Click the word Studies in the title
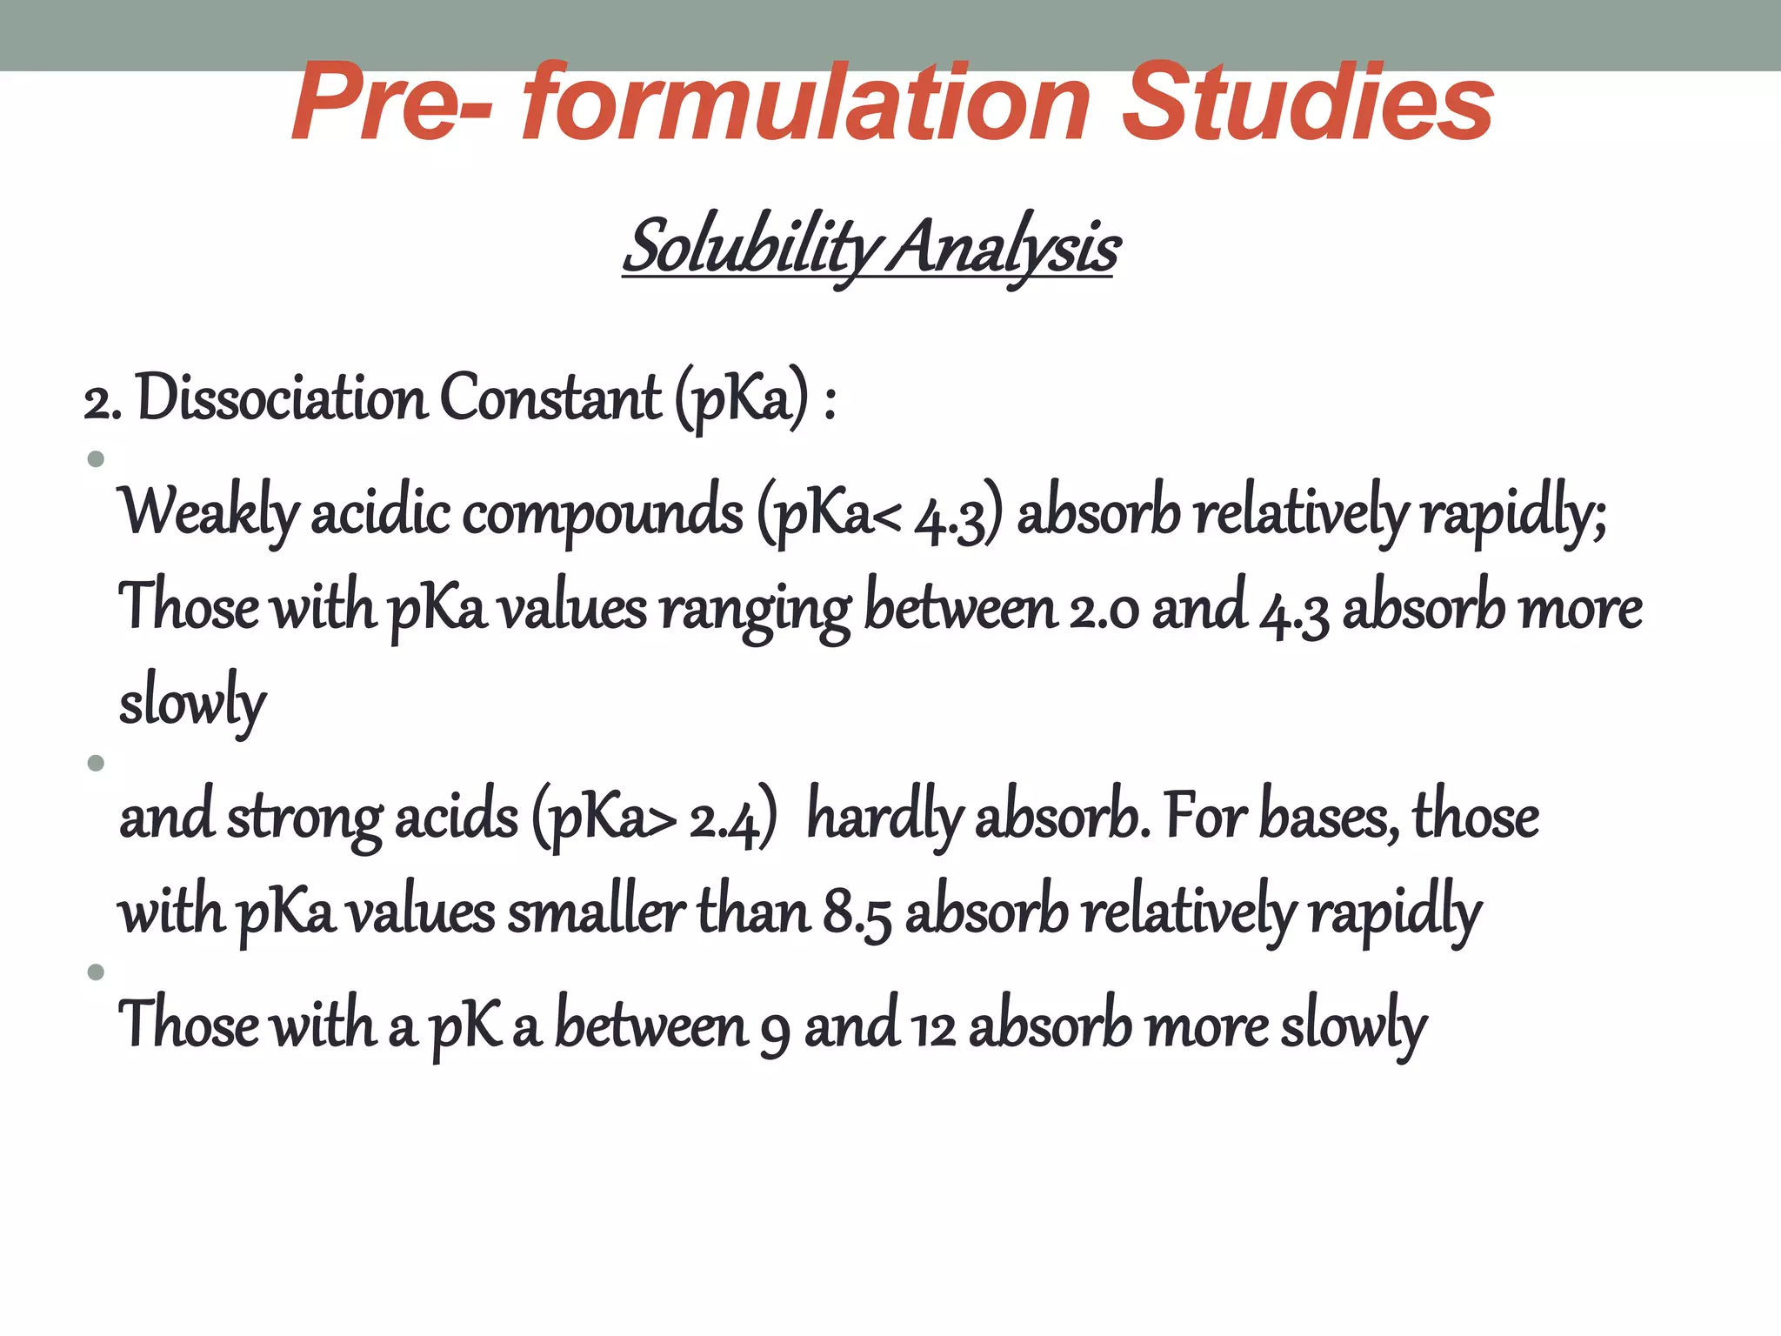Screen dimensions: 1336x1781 click(1307, 103)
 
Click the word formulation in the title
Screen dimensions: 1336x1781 click(805, 103)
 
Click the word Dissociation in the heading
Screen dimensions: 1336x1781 click(281, 398)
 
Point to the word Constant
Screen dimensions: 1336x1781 click(550, 398)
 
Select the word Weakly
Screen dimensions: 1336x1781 click(209, 513)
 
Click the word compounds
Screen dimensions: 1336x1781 click(603, 513)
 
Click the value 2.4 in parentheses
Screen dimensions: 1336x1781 click(725, 820)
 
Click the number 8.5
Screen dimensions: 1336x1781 click(857, 915)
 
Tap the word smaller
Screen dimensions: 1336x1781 click(596, 913)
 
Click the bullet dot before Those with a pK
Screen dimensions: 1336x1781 click(97, 972)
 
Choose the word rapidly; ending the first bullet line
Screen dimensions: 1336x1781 click(1513, 513)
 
